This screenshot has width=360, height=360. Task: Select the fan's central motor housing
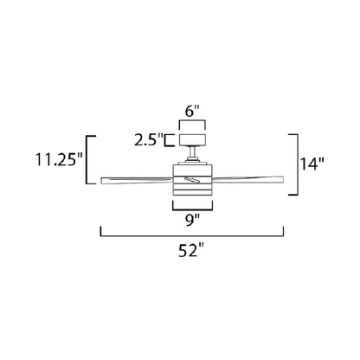(x=192, y=183)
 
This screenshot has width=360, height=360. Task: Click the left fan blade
(x=130, y=180)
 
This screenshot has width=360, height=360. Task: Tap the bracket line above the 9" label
(x=192, y=206)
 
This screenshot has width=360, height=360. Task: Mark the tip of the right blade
(x=281, y=180)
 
